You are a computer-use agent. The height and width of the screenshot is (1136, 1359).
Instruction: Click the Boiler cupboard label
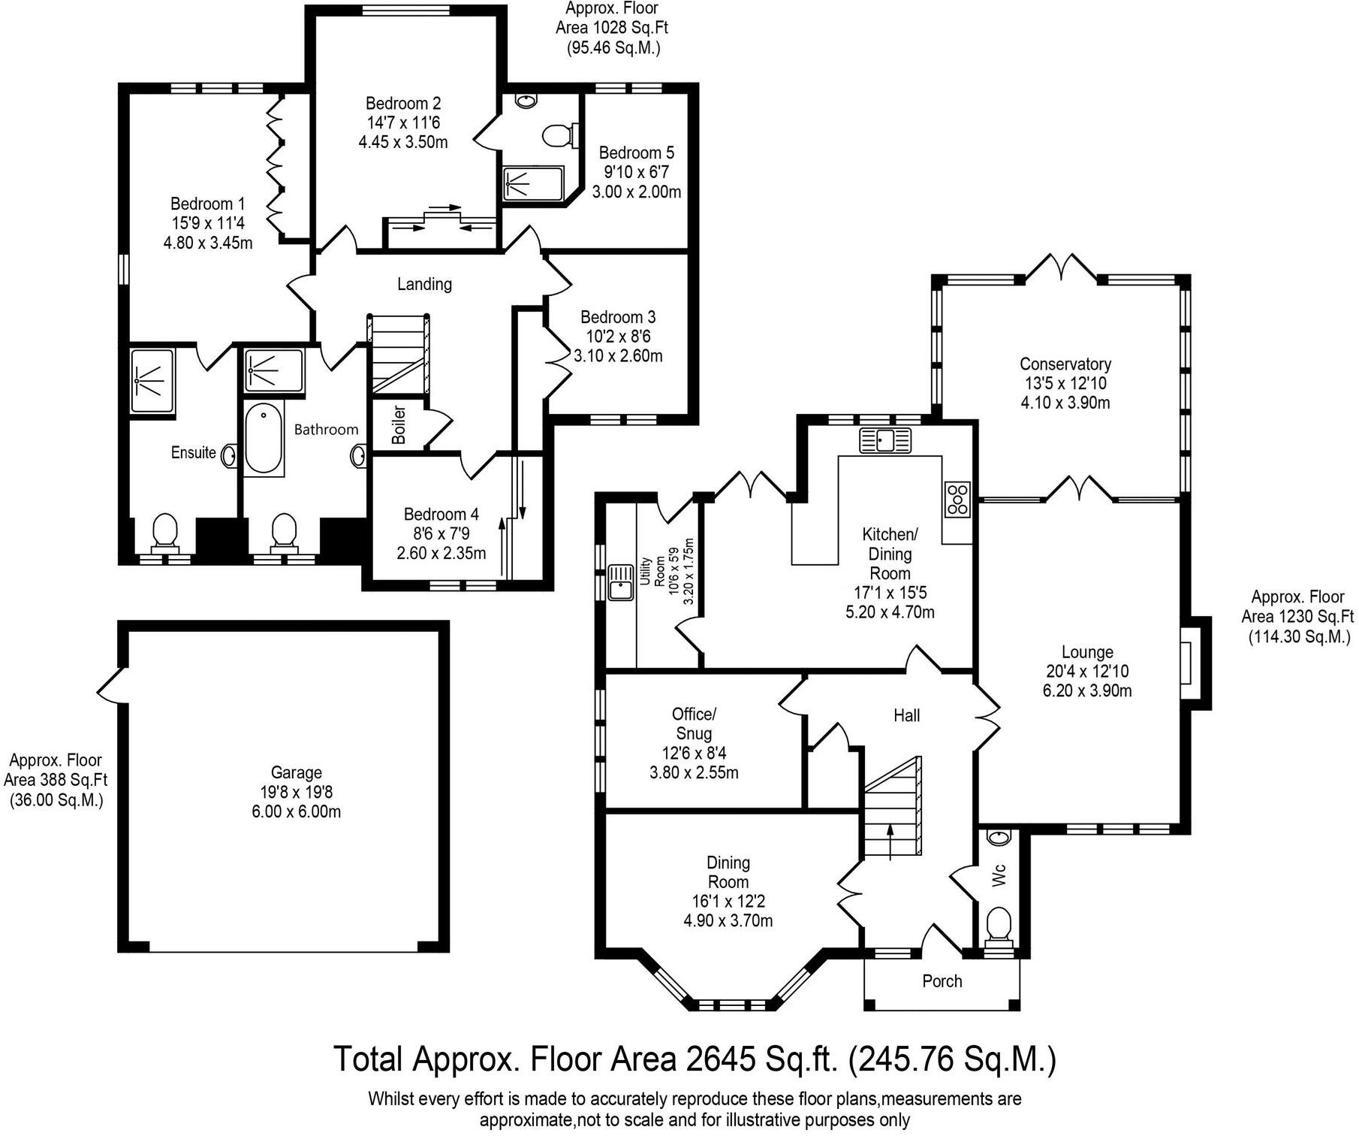click(399, 424)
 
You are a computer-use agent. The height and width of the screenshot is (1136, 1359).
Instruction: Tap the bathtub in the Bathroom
click(263, 439)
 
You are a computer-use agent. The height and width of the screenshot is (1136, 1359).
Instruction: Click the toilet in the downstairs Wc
click(999, 923)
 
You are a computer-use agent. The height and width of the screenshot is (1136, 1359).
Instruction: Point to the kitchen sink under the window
click(885, 440)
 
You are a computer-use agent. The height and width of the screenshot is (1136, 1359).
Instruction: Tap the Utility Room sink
click(620, 582)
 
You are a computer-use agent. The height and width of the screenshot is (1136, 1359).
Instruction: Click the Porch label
click(942, 981)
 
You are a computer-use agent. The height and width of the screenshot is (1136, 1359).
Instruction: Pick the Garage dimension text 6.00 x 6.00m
click(297, 811)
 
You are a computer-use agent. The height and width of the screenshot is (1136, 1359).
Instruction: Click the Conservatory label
click(1065, 364)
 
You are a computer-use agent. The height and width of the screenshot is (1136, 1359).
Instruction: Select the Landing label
click(424, 284)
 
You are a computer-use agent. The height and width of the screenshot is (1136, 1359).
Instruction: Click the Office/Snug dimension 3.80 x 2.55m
click(694, 772)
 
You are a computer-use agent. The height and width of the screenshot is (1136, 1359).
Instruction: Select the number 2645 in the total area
click(722, 1059)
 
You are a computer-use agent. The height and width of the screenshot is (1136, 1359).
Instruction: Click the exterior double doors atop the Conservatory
click(1062, 268)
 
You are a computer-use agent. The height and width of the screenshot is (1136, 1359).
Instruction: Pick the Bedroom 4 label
click(441, 515)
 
